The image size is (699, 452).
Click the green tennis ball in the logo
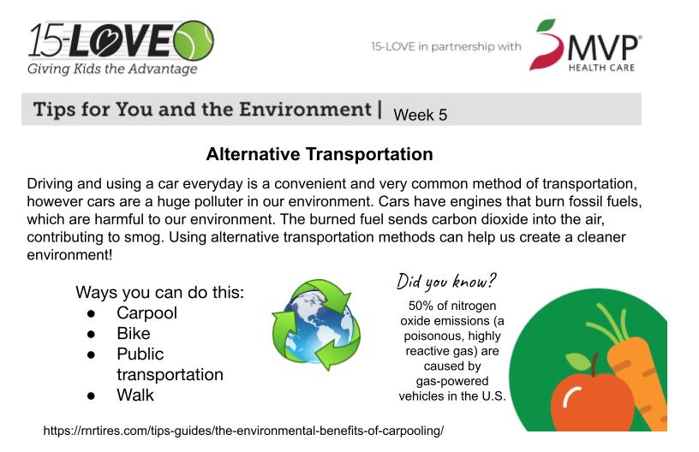pyautogui.click(x=194, y=40)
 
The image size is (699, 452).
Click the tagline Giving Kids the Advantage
pyautogui.click(x=112, y=69)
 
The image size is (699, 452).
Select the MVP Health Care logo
pyautogui.click(x=586, y=45)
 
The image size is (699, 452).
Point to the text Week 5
pyautogui.click(x=420, y=115)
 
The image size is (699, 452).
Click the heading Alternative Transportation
pyautogui.click(x=320, y=154)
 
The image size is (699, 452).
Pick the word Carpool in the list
pyautogui.click(x=146, y=313)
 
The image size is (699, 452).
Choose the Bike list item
pyautogui.click(x=134, y=334)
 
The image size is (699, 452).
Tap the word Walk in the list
pyautogui.click(x=135, y=395)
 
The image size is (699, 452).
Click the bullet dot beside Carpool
pyautogui.click(x=92, y=314)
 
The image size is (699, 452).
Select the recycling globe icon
pyautogui.click(x=316, y=324)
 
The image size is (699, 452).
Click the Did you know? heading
pyautogui.click(x=445, y=282)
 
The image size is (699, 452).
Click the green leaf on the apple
pyautogui.click(x=578, y=361)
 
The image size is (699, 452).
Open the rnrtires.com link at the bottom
pyautogui.click(x=243, y=431)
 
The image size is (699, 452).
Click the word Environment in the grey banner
pyautogui.click(x=305, y=110)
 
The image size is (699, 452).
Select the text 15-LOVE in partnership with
pyautogui.click(x=446, y=46)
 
